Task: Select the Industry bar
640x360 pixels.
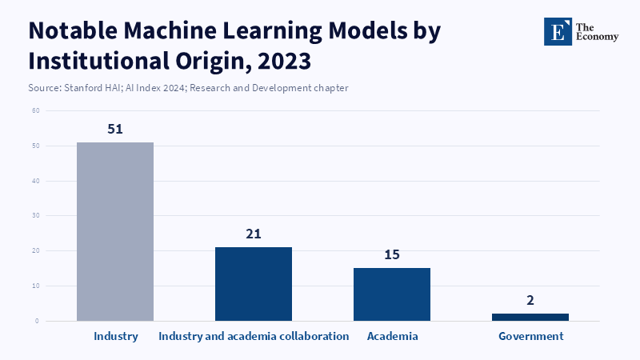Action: (115, 231)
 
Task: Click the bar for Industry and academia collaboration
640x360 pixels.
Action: (254, 284)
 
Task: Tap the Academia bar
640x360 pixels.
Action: (392, 294)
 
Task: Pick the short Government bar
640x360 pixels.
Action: (530, 317)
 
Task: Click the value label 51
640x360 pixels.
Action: (115, 129)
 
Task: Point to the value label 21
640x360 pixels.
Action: (254, 234)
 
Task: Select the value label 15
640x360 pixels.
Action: (392, 254)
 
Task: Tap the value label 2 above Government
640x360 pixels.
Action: (530, 301)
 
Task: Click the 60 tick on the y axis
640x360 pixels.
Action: (36, 110)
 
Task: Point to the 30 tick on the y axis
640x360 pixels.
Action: (36, 215)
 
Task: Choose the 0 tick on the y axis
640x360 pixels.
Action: (37, 321)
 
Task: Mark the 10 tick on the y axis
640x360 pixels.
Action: (36, 286)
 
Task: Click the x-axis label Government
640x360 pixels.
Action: (531, 336)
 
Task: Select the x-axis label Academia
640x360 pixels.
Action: (392, 336)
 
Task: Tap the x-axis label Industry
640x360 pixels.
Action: (116, 337)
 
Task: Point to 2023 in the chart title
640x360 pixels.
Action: (284, 62)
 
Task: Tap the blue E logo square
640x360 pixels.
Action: (558, 31)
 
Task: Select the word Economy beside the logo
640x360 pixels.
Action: (597, 37)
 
